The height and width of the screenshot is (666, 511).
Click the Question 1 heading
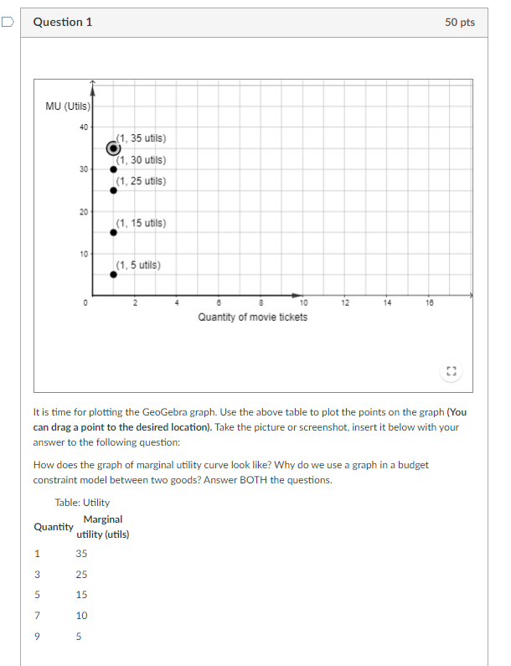[x=63, y=23]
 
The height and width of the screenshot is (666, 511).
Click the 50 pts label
[x=460, y=23]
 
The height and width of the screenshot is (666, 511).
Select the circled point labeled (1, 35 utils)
[x=113, y=148]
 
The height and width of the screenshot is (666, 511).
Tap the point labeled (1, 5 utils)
[x=113, y=274]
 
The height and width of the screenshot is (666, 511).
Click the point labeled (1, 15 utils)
[x=113, y=232]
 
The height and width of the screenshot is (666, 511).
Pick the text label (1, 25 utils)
[x=141, y=181]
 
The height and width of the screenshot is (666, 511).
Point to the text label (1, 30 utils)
[x=141, y=160]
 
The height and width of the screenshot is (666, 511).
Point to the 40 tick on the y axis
[x=83, y=127]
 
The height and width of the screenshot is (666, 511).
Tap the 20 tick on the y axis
[x=83, y=211]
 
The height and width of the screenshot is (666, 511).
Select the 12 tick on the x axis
[x=345, y=302]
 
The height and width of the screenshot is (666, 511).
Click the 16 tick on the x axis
[x=429, y=302]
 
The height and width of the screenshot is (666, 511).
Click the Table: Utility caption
[x=82, y=502]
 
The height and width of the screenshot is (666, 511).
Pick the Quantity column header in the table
[x=53, y=527]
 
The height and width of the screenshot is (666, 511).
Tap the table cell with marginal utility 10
[x=81, y=616]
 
